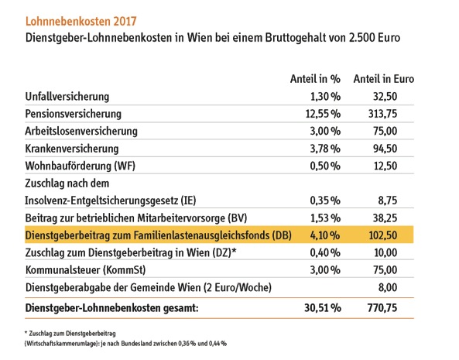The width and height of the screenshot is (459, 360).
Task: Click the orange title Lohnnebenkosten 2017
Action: click(80, 22)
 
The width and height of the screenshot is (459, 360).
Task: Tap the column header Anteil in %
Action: click(315, 79)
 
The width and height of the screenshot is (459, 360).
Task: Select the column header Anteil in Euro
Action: click(384, 79)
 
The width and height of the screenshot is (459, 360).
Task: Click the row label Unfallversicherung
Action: click(67, 97)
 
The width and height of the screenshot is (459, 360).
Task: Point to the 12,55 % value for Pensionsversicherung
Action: click(323, 114)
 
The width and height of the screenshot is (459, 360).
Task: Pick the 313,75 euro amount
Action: click(382, 114)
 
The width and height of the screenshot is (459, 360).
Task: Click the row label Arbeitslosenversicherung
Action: click(81, 131)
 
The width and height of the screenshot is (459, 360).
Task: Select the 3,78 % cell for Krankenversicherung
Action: click(325, 149)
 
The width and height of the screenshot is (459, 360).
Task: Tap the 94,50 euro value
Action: click(385, 149)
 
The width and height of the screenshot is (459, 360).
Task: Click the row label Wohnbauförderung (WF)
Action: click(80, 166)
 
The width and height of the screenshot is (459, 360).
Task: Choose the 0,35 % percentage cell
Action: click(325, 201)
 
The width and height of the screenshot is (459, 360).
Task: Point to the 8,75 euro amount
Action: click(388, 201)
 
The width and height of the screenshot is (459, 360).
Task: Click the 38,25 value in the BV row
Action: click(385, 218)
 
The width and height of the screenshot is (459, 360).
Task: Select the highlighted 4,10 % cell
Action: click(325, 235)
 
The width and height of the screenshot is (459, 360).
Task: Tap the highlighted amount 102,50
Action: click(383, 235)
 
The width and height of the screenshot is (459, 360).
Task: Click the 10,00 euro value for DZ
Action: click(385, 252)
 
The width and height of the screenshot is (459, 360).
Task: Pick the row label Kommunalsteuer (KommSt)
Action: click(85, 270)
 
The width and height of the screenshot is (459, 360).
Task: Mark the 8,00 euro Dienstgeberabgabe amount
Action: click(388, 287)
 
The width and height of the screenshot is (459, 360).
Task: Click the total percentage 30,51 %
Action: click(323, 308)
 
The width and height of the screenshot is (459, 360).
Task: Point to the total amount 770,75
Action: click(382, 308)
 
